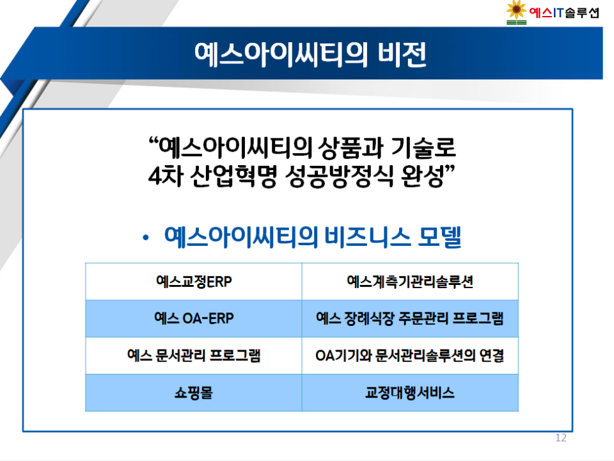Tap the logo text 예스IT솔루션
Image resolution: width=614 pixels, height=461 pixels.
pos(564,13)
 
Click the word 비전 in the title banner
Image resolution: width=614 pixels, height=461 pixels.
pos(402,54)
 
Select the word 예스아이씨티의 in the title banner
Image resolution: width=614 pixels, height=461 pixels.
pos(281,54)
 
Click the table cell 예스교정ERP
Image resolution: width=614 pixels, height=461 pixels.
pos(194,282)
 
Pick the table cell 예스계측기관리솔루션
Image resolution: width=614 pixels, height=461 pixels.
pos(410,282)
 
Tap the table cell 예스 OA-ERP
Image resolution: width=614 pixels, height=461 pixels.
pos(194,318)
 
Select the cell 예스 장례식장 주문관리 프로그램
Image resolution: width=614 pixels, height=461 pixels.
pos(410,318)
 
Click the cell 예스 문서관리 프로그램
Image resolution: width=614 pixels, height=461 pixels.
pos(194,355)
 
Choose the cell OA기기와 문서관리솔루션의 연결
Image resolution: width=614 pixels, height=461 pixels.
pos(410,355)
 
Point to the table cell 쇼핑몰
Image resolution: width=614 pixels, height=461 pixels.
pos(194,392)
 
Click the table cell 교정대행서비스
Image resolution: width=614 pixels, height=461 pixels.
pos(410,392)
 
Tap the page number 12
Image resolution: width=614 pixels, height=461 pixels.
pos(561,438)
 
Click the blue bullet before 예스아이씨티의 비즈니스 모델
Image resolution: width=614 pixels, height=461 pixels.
pos(146,237)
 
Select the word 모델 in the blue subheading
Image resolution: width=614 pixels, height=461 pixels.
pos(440,237)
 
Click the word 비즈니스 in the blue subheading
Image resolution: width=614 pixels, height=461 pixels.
pos(367,237)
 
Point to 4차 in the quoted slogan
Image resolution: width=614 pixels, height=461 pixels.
pos(166,175)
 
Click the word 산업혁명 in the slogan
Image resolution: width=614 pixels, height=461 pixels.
pos(233,175)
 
